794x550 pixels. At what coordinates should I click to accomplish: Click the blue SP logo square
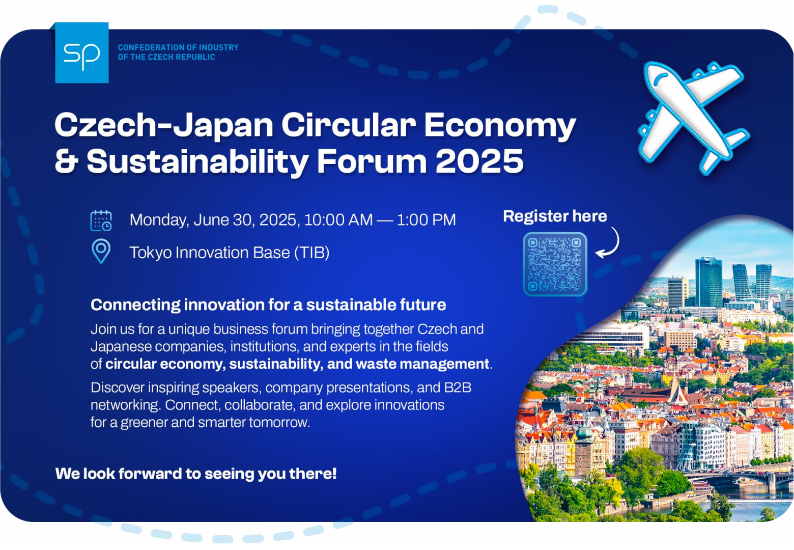[82, 53]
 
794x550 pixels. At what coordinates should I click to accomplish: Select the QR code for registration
[555, 264]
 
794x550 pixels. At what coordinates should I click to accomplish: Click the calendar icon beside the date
[101, 221]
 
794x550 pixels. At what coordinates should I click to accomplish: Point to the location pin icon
[101, 251]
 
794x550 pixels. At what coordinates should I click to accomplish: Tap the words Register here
[555, 216]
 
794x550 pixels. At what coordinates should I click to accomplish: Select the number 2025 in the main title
[479, 161]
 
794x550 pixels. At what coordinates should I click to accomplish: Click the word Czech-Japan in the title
[164, 125]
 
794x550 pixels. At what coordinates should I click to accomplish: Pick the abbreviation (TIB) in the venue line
[312, 253]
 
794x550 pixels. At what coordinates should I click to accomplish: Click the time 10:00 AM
[338, 220]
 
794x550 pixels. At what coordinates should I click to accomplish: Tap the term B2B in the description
[458, 388]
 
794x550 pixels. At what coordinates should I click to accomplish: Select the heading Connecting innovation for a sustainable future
[268, 305]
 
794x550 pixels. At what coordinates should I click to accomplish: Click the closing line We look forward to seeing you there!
[196, 474]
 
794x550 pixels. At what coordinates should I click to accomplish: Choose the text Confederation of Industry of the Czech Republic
[178, 52]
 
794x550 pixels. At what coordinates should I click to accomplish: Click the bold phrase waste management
[422, 364]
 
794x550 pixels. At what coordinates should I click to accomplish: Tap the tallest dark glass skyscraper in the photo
[708, 282]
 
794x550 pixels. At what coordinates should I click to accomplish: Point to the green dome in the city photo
[584, 432]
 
